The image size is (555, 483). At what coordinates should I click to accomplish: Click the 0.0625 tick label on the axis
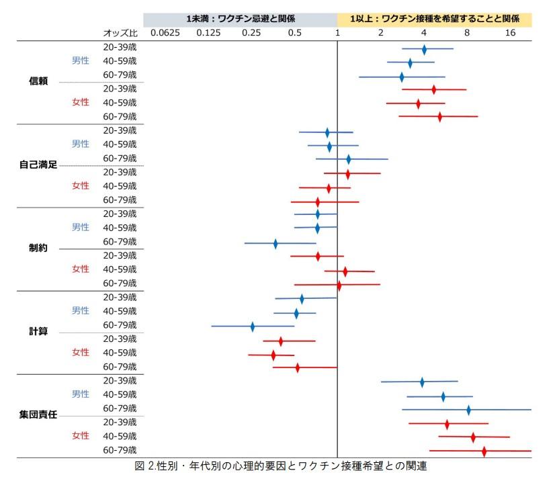coord(165,33)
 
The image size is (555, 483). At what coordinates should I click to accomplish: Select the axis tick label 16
coord(510,33)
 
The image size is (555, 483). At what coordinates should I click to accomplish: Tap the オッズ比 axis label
coord(120,33)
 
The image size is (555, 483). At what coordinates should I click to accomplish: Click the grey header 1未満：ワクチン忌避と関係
coord(241,19)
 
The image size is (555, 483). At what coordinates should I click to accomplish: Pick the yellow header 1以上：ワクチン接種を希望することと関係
coord(435,19)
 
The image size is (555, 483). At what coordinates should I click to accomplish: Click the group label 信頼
coord(38,81)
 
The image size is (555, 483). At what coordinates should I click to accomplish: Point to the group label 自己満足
coord(38,165)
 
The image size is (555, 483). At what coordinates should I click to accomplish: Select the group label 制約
coord(38,248)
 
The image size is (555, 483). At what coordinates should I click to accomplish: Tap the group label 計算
coord(38,331)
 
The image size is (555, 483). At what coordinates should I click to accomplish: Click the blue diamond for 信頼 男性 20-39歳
coord(424,49)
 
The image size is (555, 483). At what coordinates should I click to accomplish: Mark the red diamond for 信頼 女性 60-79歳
coord(440,117)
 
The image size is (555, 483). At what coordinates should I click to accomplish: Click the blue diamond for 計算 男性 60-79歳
coord(253,326)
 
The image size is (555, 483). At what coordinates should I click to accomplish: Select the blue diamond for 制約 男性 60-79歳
coord(275,243)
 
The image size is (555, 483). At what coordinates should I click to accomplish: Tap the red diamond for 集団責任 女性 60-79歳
coord(484,451)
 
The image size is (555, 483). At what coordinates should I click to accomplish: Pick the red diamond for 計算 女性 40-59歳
coord(273,355)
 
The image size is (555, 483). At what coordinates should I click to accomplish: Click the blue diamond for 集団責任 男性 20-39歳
coord(422,382)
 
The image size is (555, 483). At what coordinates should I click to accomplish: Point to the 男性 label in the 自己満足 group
coord(81,144)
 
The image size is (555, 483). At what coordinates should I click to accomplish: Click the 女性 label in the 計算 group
coord(81,353)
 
